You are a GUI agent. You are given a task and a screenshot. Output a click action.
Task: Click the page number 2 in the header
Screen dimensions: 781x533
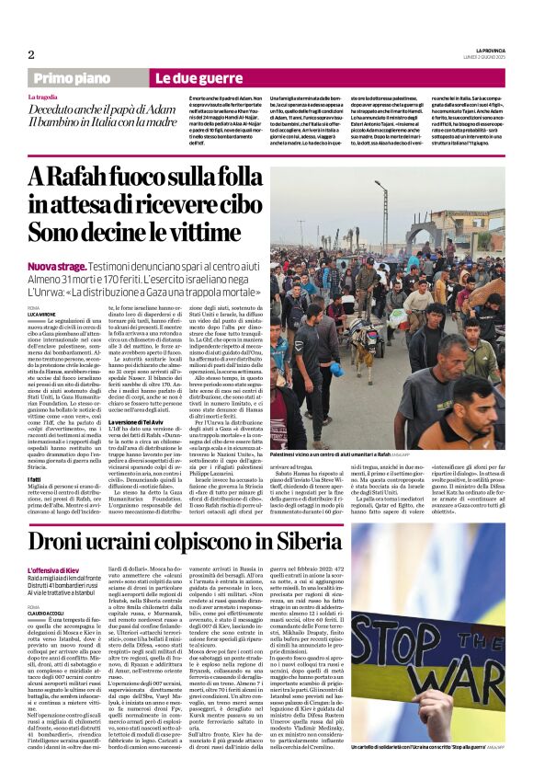31,54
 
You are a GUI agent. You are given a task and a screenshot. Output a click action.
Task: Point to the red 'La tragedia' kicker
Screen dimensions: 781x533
41,97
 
